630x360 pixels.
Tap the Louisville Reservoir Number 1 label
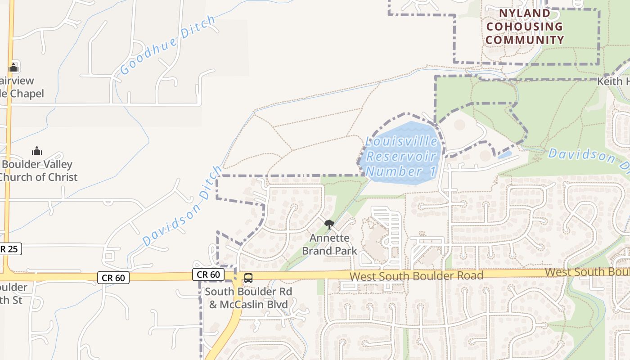click(x=401, y=157)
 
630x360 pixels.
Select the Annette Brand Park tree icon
click(x=329, y=224)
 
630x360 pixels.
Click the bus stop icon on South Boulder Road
click(x=248, y=278)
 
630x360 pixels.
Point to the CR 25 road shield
click(x=9, y=249)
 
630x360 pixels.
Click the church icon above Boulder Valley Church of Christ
click(x=37, y=150)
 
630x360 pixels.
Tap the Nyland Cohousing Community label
click(x=525, y=27)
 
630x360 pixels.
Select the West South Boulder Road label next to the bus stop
click(x=416, y=275)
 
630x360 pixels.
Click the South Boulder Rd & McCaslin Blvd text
click(x=248, y=298)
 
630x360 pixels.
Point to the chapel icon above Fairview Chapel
click(x=13, y=67)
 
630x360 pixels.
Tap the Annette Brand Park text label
click(x=329, y=244)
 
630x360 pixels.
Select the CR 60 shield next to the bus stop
click(x=208, y=274)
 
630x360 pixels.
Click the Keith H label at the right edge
click(x=613, y=81)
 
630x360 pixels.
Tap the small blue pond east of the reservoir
click(x=504, y=155)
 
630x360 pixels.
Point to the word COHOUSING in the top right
click(x=525, y=27)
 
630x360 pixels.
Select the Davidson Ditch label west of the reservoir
click(x=183, y=206)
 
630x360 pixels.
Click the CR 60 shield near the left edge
click(x=113, y=278)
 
